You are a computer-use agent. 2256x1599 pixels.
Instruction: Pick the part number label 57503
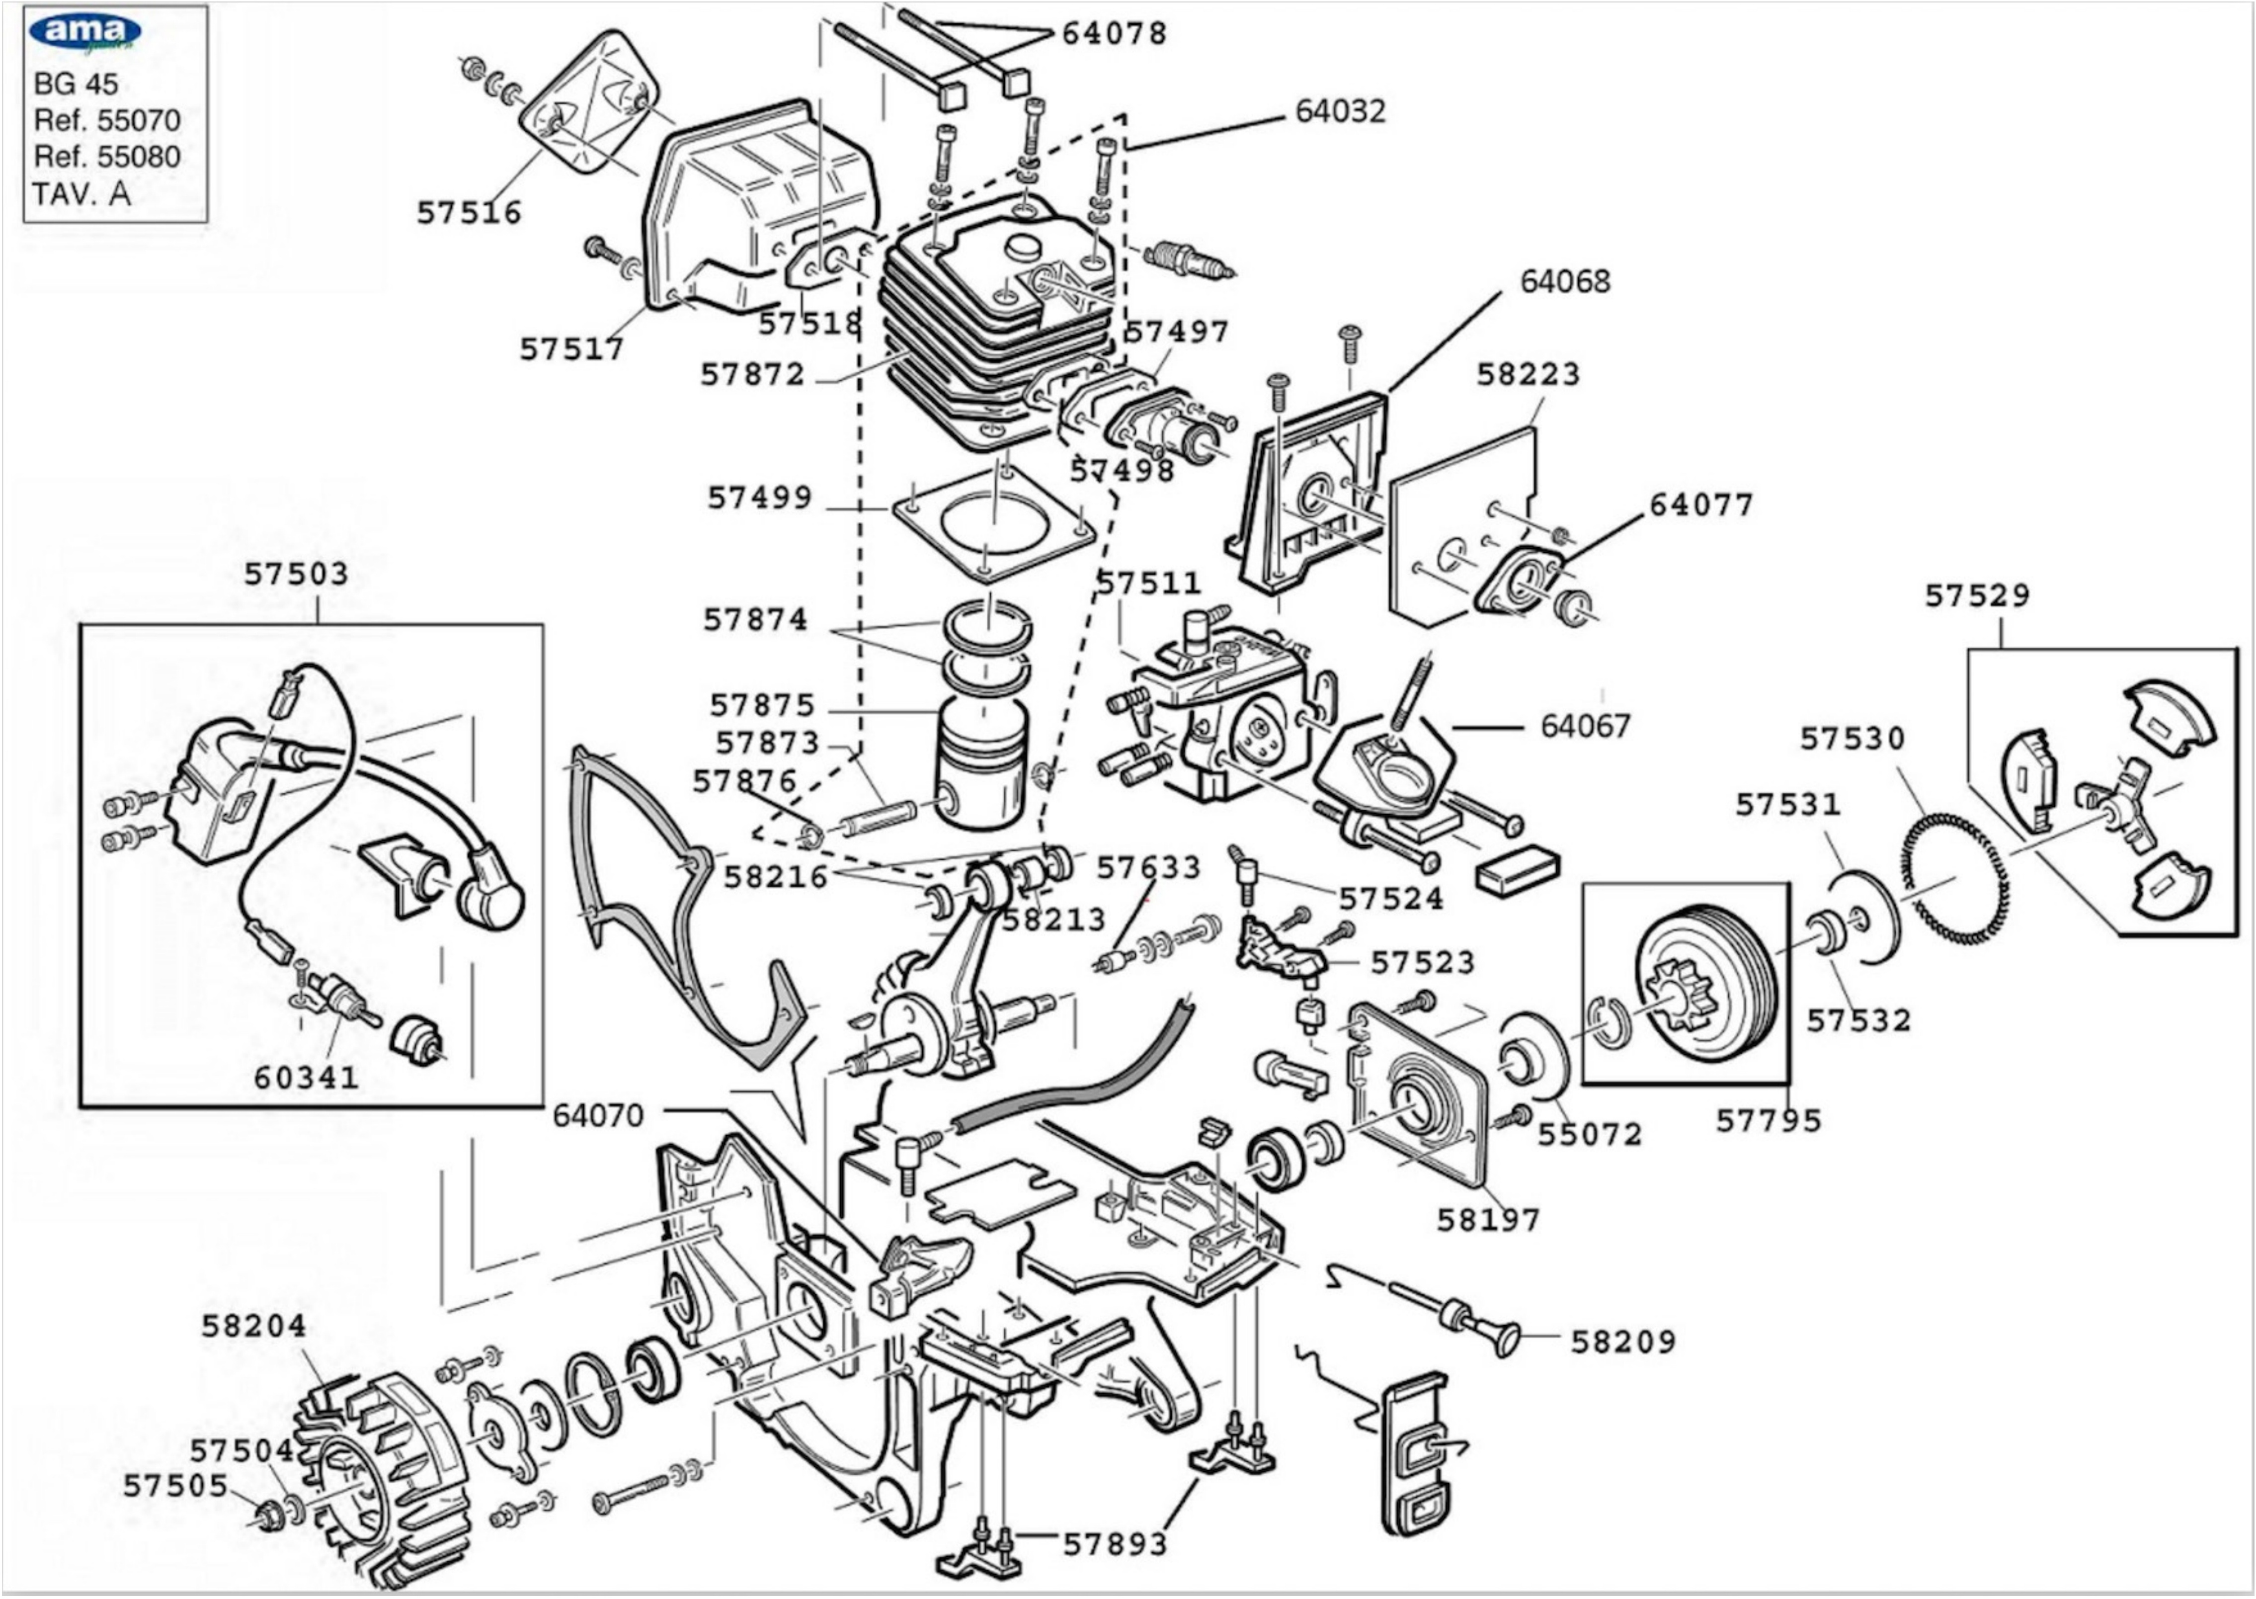click(x=296, y=574)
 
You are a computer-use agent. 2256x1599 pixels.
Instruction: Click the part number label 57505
click(x=175, y=1486)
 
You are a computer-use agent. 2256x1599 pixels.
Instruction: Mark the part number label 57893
click(x=1115, y=1544)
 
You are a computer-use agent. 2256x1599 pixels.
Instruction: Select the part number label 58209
click(x=1622, y=1342)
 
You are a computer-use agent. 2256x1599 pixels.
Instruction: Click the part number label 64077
click(x=1702, y=505)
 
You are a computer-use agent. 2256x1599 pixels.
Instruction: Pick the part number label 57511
click(x=1149, y=584)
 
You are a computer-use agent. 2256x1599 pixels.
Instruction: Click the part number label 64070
click(x=597, y=1115)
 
